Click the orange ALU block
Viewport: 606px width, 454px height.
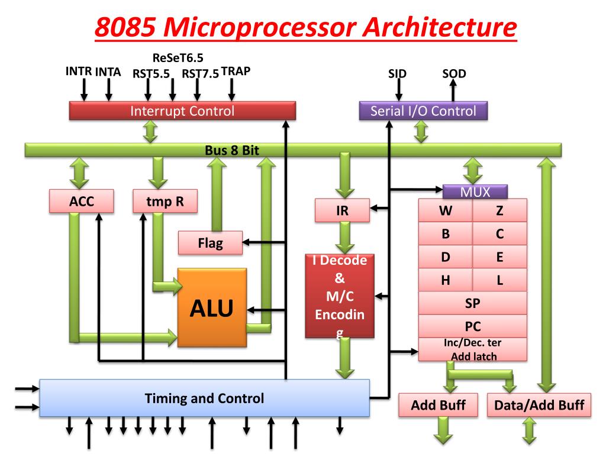tap(212, 307)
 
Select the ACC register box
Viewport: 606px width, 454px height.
tap(82, 201)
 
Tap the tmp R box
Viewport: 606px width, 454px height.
tap(165, 201)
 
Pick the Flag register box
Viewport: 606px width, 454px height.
tap(210, 243)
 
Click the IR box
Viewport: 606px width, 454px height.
tap(342, 210)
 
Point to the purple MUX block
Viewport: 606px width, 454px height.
tap(475, 192)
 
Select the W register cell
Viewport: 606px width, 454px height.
tap(446, 210)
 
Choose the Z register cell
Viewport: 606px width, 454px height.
tap(499, 210)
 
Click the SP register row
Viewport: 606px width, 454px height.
tap(473, 303)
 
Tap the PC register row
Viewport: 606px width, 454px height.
tap(473, 326)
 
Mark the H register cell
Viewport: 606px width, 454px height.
tap(446, 280)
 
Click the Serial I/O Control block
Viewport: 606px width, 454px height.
tap(423, 111)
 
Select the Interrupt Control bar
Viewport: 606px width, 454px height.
tap(182, 111)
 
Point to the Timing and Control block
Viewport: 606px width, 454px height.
tap(204, 398)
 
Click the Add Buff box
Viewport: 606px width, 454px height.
tap(439, 405)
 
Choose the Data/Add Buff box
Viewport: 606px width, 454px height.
tap(539, 405)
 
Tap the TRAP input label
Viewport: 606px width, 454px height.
tap(236, 72)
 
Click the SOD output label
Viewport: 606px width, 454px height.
tap(454, 73)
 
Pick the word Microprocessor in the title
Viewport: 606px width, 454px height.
tap(259, 27)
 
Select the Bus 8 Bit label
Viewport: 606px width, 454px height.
tap(232, 150)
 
